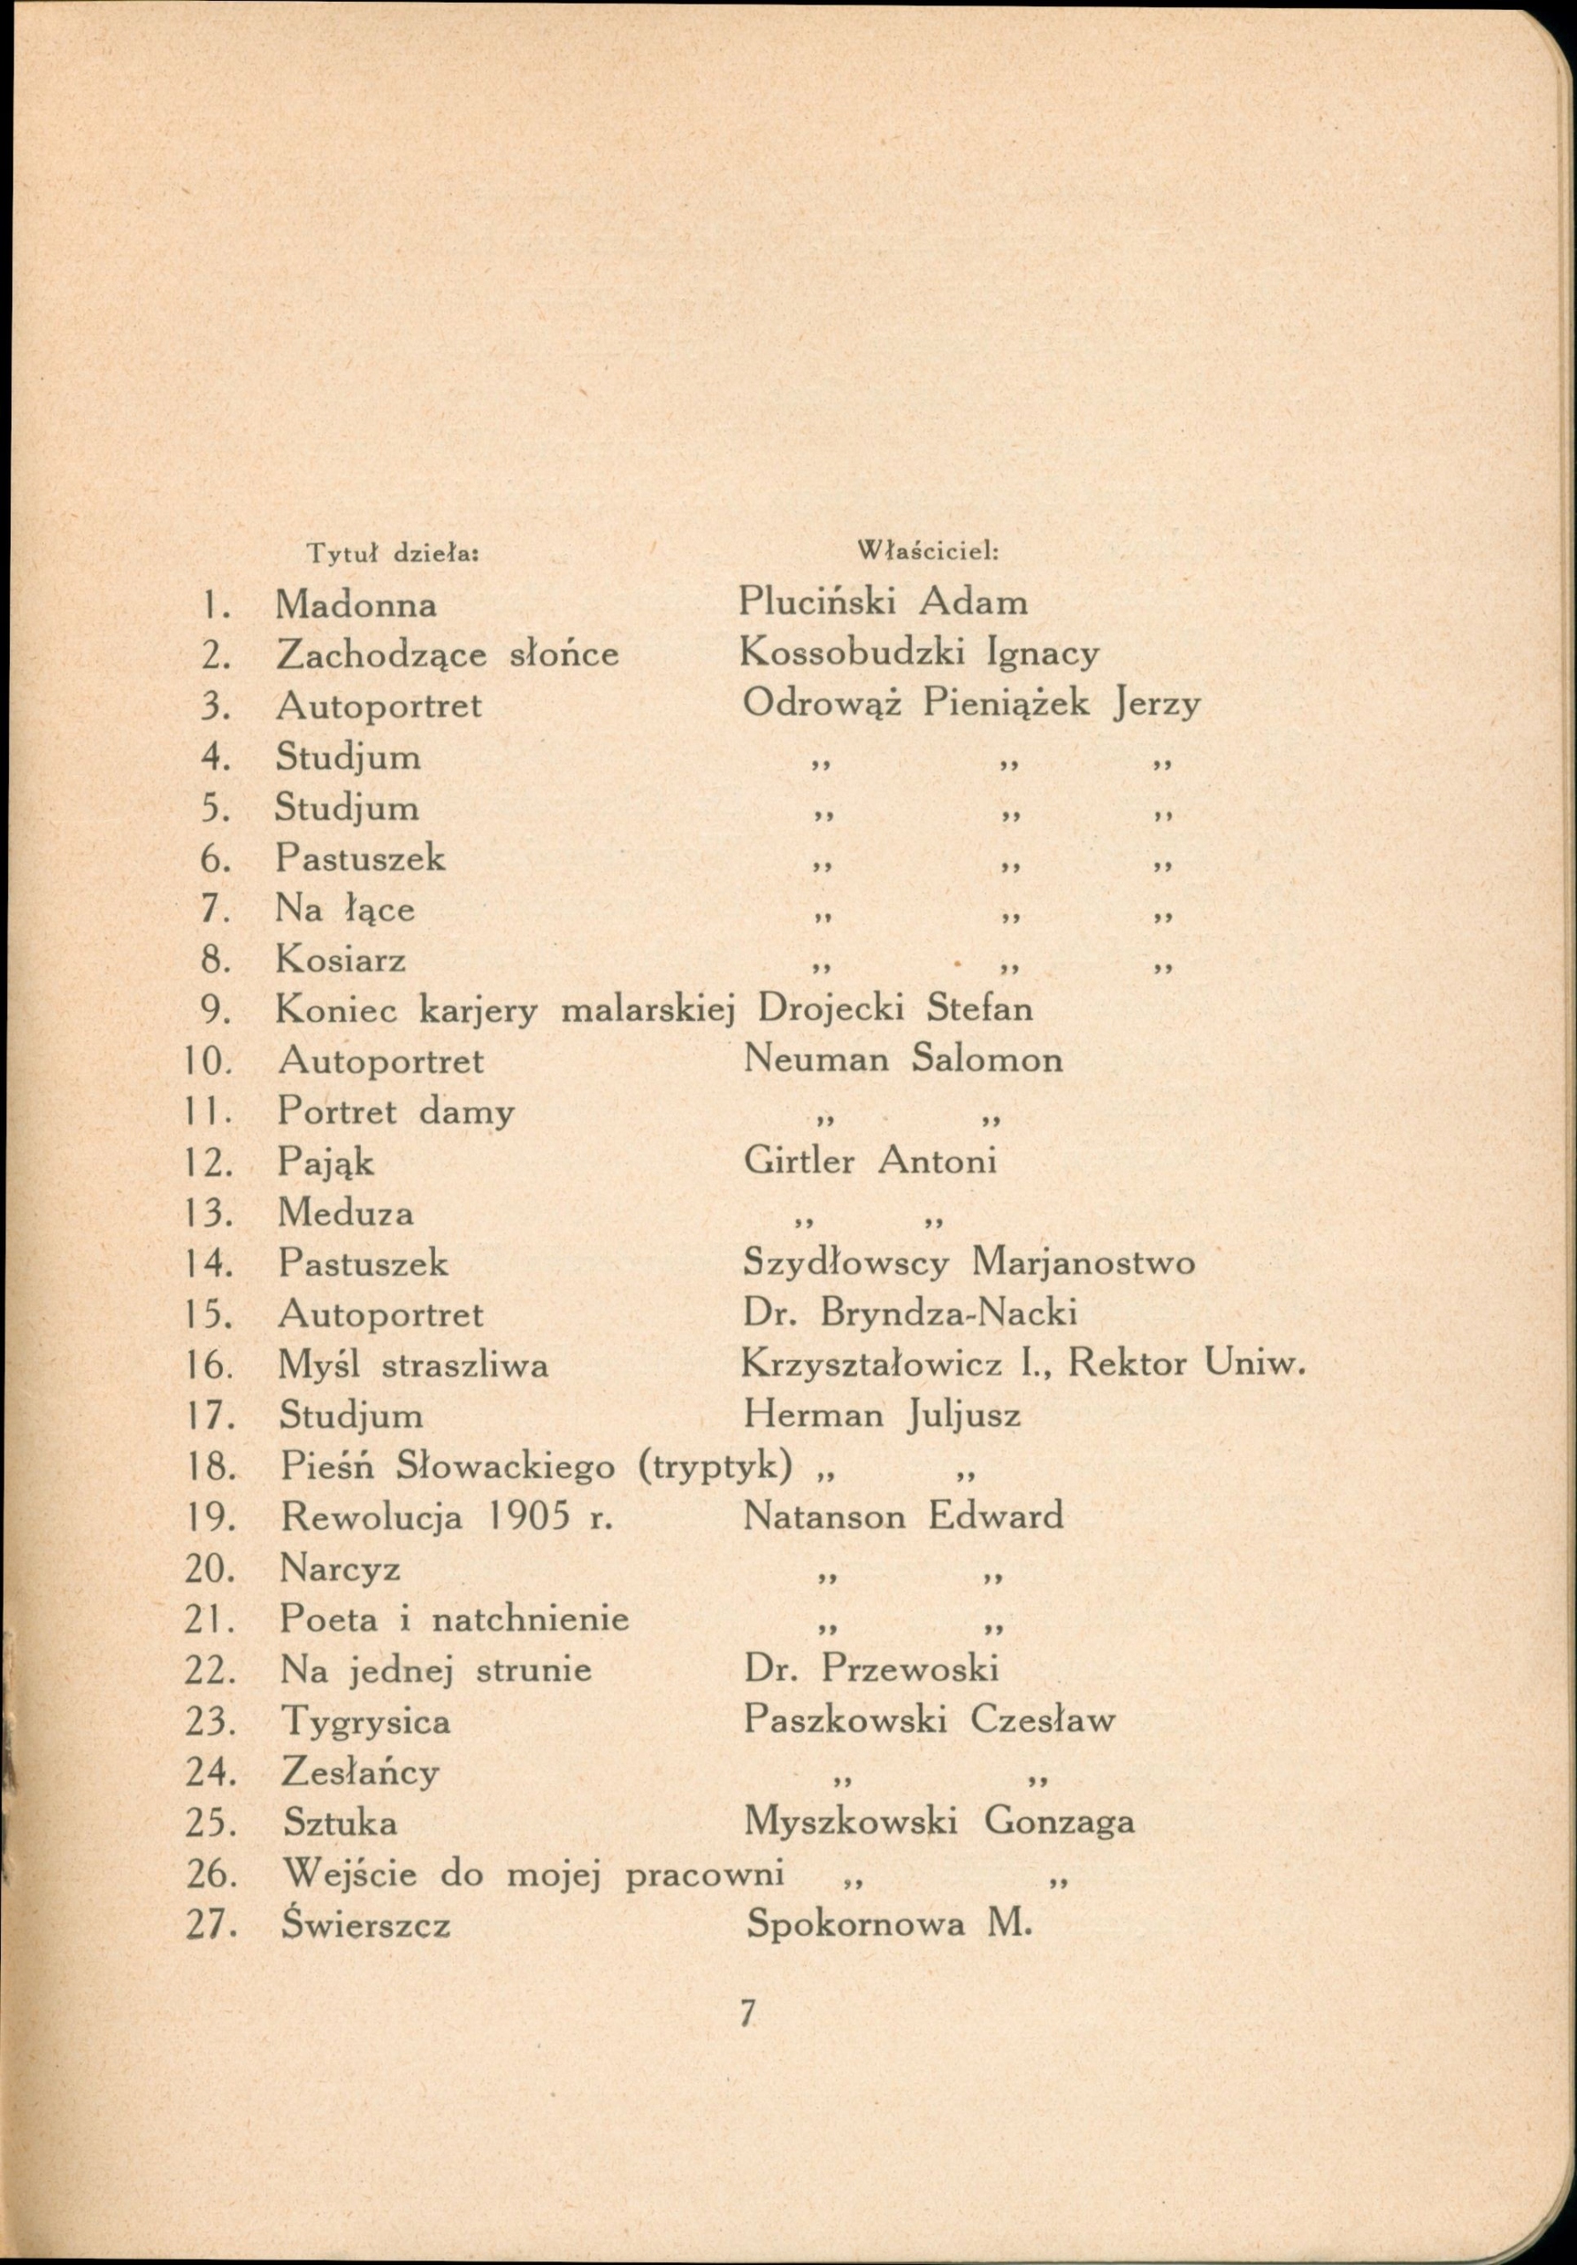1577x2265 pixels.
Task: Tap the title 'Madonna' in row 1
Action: point(356,603)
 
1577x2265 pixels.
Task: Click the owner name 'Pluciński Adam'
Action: point(883,602)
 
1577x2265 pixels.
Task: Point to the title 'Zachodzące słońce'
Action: point(447,655)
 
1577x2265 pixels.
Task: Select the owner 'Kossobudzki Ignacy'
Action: point(919,654)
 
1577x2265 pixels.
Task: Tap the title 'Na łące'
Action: point(344,909)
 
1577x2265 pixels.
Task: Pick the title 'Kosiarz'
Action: point(341,959)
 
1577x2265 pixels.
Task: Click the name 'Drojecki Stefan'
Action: point(894,1010)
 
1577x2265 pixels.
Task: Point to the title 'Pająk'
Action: point(325,1162)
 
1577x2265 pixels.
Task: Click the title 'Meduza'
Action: point(345,1212)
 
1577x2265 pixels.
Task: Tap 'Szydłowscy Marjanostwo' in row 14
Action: point(968,1263)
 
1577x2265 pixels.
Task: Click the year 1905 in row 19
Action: point(531,1516)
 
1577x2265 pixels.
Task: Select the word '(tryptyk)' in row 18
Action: point(715,1468)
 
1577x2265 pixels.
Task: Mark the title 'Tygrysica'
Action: point(366,1722)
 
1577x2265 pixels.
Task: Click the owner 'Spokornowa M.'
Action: point(889,1924)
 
